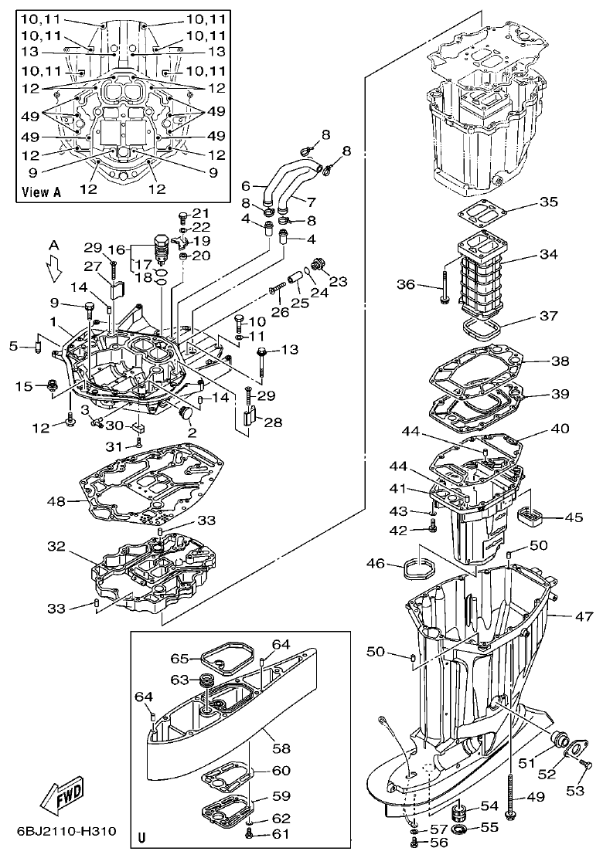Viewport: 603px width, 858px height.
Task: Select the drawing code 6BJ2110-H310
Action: tap(66, 831)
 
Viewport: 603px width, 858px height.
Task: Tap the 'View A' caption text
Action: tap(42, 192)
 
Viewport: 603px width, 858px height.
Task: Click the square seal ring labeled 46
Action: tap(417, 570)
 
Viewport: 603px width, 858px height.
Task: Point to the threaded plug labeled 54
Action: tap(462, 812)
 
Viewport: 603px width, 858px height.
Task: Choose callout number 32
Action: tap(56, 547)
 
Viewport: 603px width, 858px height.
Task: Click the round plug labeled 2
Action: tap(186, 414)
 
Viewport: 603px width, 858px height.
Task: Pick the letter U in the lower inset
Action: tap(141, 836)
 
